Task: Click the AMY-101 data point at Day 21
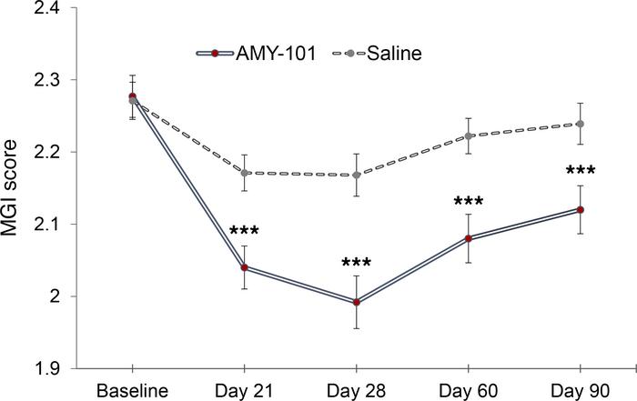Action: [x=245, y=267]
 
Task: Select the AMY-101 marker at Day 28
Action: [x=357, y=302]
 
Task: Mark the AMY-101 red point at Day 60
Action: [x=469, y=238]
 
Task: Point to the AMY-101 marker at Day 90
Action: [x=580, y=209]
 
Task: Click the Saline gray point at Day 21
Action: [x=245, y=173]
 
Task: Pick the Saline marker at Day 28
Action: [x=357, y=175]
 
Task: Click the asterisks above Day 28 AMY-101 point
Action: [x=357, y=265]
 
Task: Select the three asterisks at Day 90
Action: [x=580, y=171]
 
